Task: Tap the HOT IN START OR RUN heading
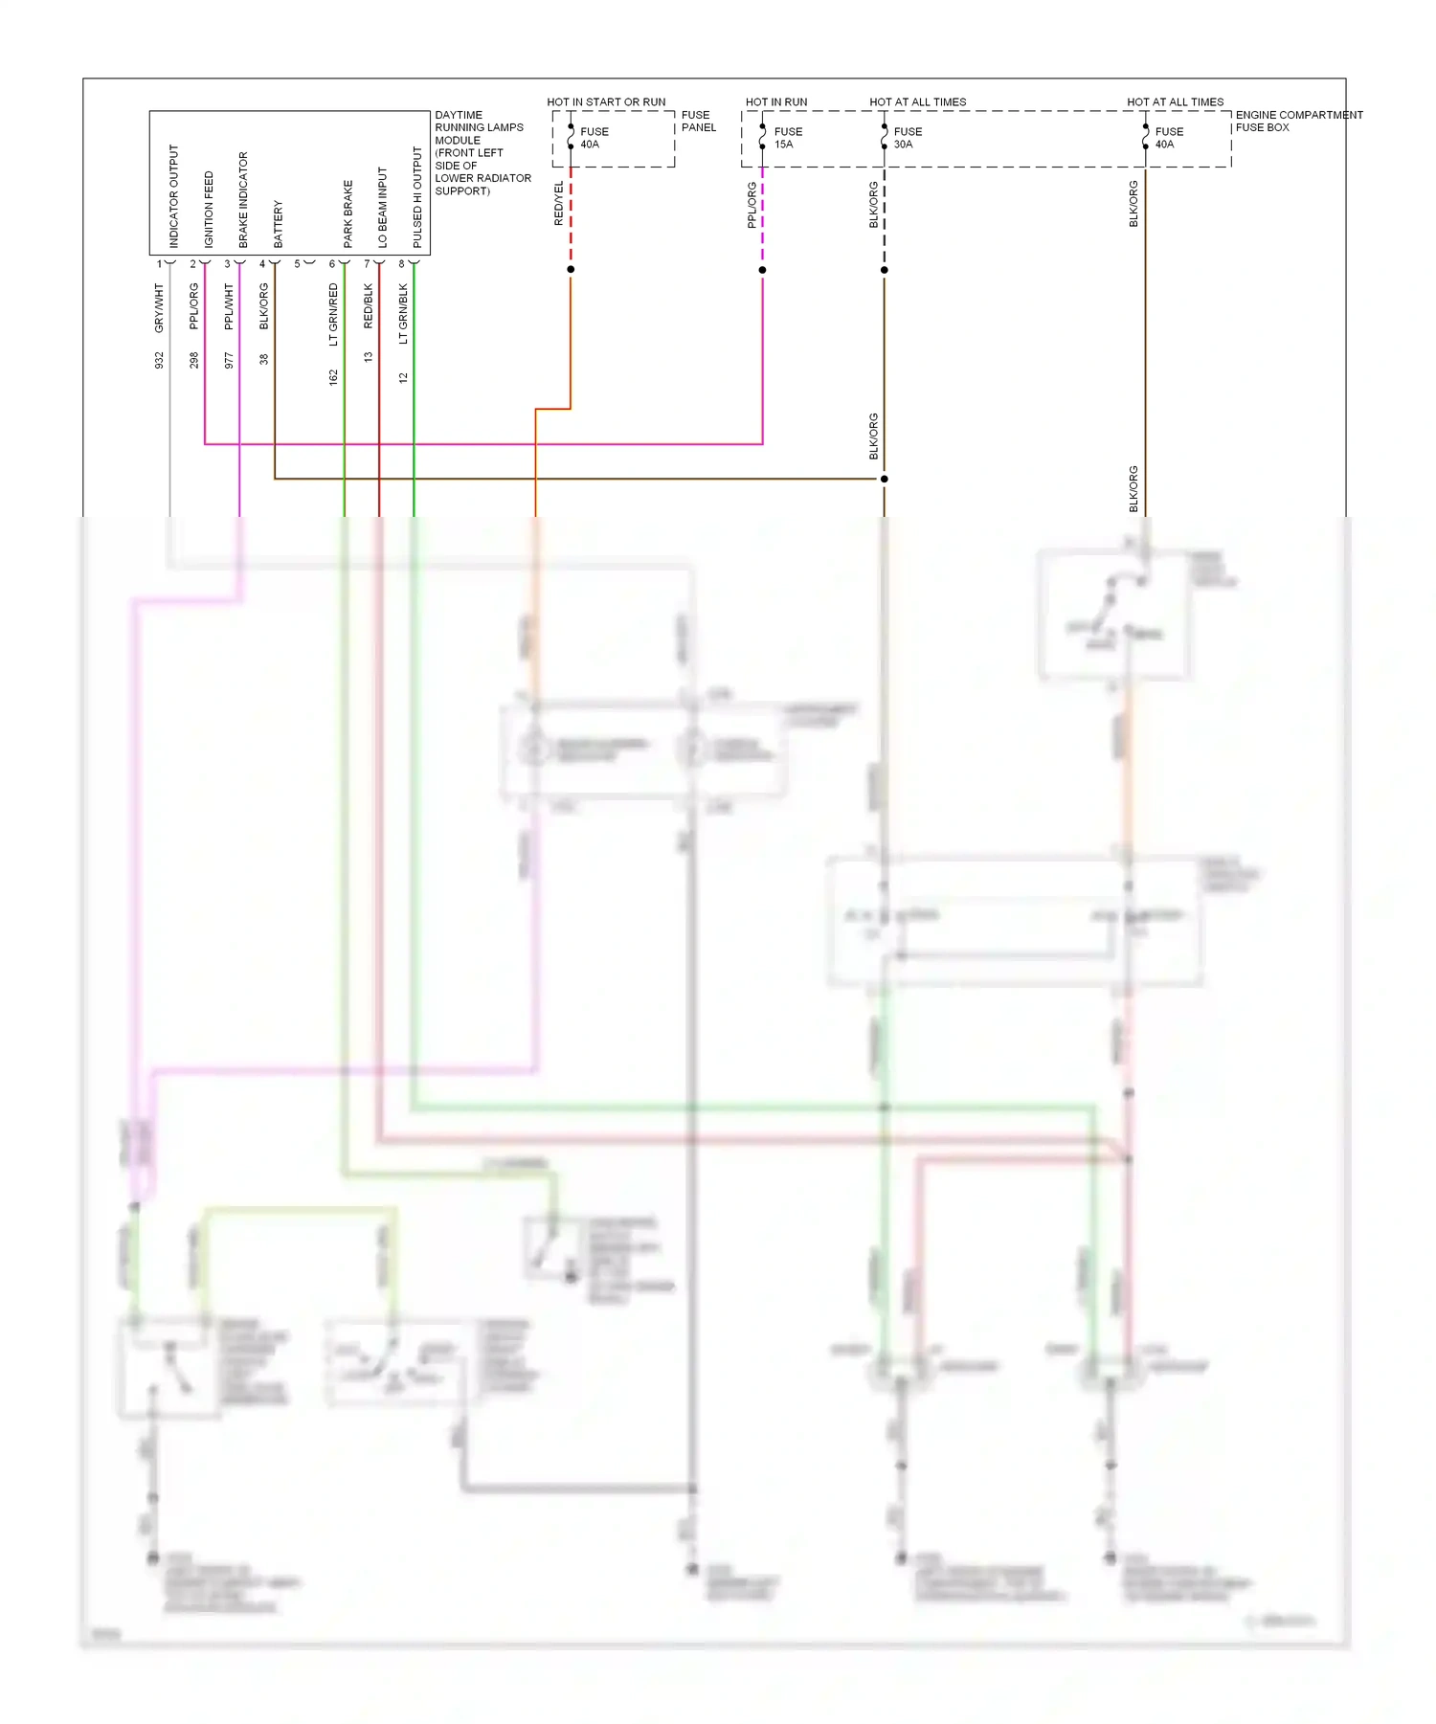pyautogui.click(x=606, y=101)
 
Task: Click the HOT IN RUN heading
pyautogui.click(x=776, y=101)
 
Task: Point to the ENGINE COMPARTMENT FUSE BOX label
pyautogui.click(x=1298, y=121)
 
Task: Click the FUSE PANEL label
pyautogui.click(x=698, y=121)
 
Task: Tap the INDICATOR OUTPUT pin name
pyautogui.click(x=173, y=196)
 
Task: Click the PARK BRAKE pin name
pyautogui.click(x=348, y=213)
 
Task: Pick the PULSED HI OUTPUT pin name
pyautogui.click(x=416, y=197)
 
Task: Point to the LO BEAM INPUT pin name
pyautogui.click(x=382, y=208)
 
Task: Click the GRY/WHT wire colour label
pyautogui.click(x=159, y=308)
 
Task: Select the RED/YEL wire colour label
pyautogui.click(x=558, y=203)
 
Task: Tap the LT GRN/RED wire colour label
pyautogui.click(x=333, y=314)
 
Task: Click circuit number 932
pyautogui.click(x=159, y=360)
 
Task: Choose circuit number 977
pyautogui.click(x=228, y=360)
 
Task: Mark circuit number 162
pyautogui.click(x=333, y=377)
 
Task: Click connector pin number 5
pyautogui.click(x=297, y=264)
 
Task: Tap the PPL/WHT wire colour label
pyautogui.click(x=228, y=306)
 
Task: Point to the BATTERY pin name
pyautogui.click(x=278, y=224)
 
